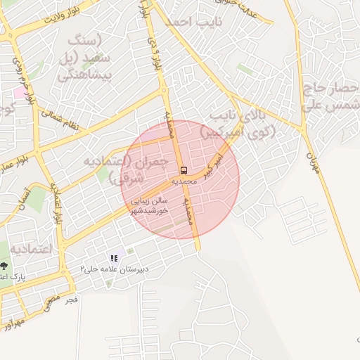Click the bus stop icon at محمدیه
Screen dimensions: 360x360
(184, 170)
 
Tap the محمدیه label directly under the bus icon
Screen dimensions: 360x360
(184, 181)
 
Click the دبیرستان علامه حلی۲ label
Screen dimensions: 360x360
(108, 269)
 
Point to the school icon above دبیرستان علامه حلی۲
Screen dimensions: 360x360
(114, 259)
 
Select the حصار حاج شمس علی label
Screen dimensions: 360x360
(330, 98)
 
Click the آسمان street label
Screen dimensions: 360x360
(24, 192)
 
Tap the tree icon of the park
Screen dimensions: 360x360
(5, 266)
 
